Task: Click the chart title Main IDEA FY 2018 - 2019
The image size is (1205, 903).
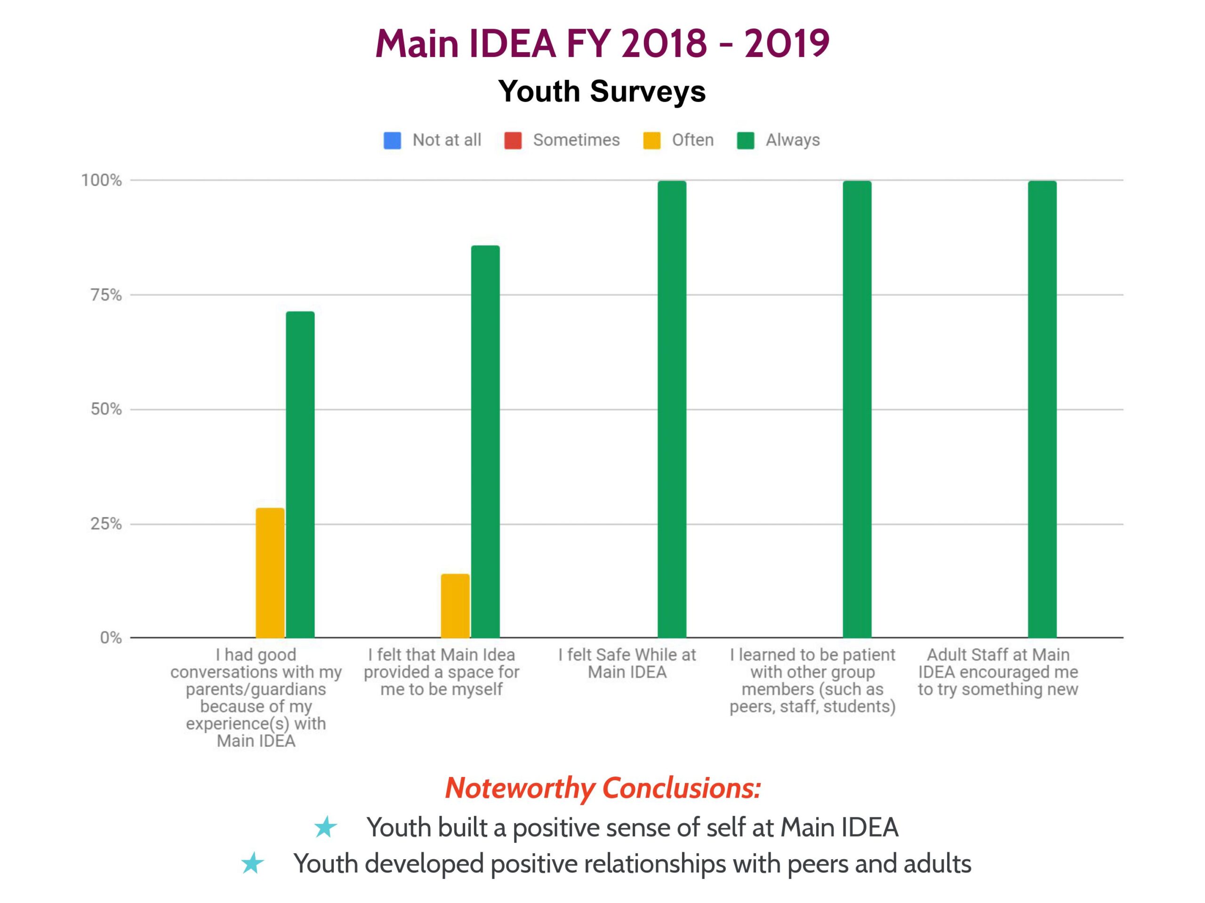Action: (602, 44)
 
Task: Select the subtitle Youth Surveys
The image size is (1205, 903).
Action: (602, 91)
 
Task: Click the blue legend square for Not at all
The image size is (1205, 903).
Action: (392, 141)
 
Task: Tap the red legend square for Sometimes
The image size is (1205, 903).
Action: (513, 141)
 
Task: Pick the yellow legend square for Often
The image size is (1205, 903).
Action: (651, 141)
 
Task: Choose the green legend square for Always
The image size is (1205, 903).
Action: (745, 141)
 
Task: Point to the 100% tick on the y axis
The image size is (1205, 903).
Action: (101, 180)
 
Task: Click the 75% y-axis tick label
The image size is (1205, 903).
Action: (106, 295)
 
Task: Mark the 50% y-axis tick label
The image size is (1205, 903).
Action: (106, 409)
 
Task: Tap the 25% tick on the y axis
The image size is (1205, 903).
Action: (106, 524)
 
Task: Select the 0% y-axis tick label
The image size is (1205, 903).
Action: (111, 638)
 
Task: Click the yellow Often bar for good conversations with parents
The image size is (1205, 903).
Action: (270, 573)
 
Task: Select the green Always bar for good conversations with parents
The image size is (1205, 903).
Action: (300, 474)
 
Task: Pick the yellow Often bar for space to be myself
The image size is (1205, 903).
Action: (456, 605)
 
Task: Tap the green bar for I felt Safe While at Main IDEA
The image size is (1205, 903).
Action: (672, 409)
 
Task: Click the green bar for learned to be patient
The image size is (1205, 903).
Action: (857, 409)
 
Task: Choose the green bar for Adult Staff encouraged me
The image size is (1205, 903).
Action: (1042, 409)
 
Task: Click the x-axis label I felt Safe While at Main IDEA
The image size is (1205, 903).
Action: (627, 663)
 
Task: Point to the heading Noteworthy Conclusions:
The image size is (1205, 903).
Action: (602, 788)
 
